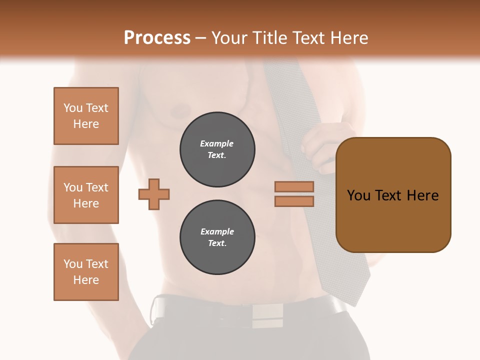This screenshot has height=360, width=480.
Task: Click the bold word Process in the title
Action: pos(157,38)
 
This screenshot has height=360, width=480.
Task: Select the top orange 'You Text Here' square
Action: pos(86,116)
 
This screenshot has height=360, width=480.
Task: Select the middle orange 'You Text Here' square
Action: pos(86,195)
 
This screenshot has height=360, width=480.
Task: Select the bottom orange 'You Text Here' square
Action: pos(86,272)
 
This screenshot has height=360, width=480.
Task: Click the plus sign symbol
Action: pos(154,194)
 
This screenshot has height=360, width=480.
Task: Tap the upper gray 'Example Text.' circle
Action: pos(217,149)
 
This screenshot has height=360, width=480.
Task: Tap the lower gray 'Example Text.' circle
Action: pos(217,237)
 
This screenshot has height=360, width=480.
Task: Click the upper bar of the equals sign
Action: pos(294,187)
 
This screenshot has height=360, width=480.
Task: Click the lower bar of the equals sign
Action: pos(294,201)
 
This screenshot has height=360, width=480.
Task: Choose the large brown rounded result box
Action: pos(393,195)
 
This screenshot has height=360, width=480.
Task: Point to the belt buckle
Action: pos(267,315)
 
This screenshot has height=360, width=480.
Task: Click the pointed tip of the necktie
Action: pos(354,303)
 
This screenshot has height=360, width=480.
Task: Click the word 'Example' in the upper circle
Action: pos(217,143)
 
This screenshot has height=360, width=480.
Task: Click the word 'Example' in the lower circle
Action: pos(217,231)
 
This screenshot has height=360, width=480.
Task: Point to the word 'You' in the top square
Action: pos(72,108)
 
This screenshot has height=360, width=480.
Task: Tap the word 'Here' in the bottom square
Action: pos(86,280)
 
